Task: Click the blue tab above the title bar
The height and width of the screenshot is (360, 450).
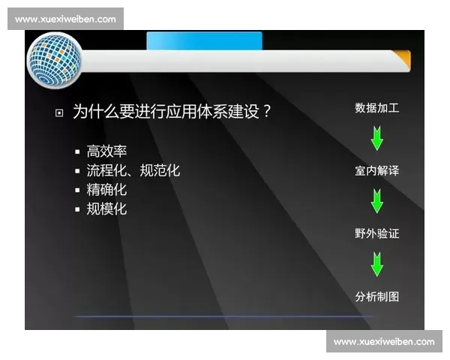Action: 204,40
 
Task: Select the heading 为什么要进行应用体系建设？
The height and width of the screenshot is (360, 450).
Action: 172,112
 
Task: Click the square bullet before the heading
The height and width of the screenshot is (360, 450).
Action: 59,113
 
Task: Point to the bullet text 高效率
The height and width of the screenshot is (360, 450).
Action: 107,151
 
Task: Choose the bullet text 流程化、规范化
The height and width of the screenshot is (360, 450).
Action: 133,171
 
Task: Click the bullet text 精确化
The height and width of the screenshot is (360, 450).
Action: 107,190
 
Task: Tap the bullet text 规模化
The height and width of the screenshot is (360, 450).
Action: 107,209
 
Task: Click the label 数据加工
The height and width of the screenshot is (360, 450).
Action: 376,108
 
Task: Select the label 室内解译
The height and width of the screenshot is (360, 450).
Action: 376,171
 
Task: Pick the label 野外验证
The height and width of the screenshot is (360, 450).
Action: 376,234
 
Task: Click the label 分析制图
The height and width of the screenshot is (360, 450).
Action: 376,297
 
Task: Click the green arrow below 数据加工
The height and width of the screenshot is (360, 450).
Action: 376,138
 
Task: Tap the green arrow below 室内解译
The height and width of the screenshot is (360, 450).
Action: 376,201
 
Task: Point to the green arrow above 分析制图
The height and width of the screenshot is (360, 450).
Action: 376,264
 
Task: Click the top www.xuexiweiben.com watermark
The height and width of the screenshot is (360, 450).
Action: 65,19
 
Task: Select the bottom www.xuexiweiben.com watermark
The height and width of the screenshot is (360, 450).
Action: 384,342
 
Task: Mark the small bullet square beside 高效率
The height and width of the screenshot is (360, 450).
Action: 77,152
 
